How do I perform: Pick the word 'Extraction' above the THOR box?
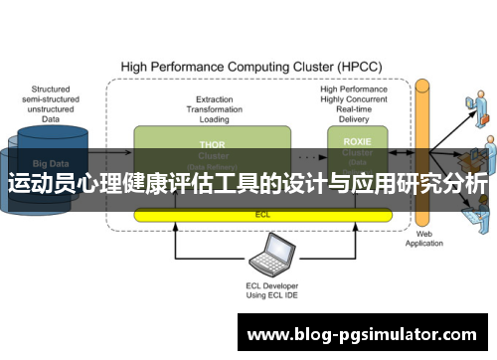coord(215,98)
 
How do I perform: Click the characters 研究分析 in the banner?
coord(448,186)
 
